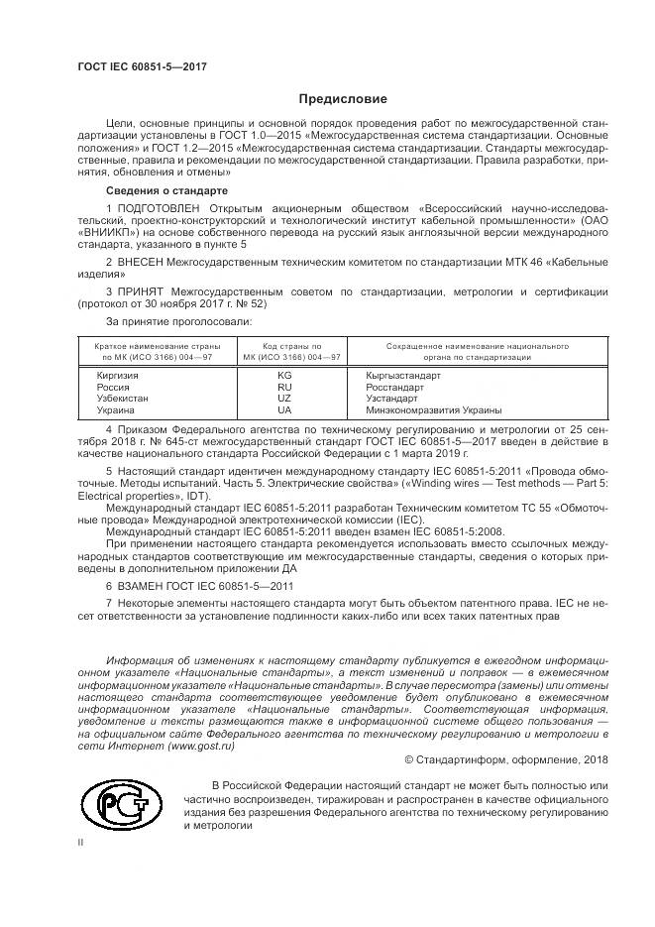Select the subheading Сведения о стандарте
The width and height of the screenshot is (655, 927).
coord(166,188)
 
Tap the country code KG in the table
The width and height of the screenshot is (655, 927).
coord(284,377)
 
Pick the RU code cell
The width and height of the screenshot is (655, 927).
coord(284,388)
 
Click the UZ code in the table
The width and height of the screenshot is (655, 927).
coord(284,399)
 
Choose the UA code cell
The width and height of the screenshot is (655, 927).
coord(284,409)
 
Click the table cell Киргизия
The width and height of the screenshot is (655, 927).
coord(118,377)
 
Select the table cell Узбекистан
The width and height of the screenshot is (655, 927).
coord(122,399)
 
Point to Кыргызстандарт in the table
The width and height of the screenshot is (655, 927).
coord(403,377)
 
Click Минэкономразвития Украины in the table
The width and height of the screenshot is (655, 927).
coord(433,409)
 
